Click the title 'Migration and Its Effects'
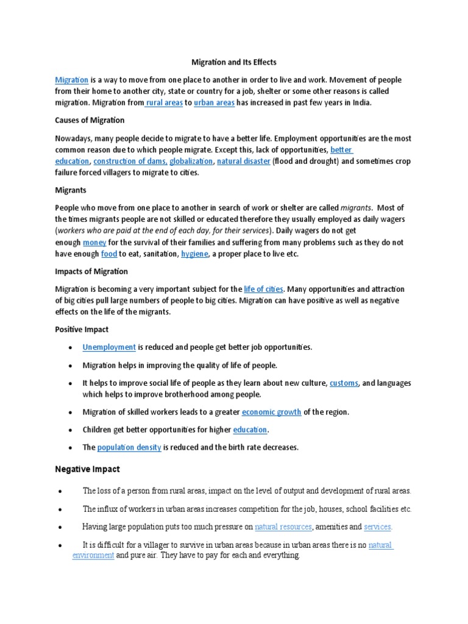click(x=235, y=62)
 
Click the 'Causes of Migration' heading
click(x=90, y=120)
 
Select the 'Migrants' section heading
click(x=71, y=190)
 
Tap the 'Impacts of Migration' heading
click(x=91, y=271)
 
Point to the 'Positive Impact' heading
click(x=82, y=329)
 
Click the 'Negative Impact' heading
click(x=88, y=469)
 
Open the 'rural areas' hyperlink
click(x=164, y=103)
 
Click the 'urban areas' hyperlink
click(x=214, y=103)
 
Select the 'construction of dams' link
click(x=129, y=161)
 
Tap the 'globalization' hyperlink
click(x=191, y=161)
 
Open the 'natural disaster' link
click(x=243, y=161)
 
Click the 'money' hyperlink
click(x=94, y=243)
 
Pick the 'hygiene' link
click(x=194, y=254)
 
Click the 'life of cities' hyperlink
click(x=263, y=289)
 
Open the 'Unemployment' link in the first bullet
click(x=109, y=347)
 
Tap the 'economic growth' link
click(x=271, y=412)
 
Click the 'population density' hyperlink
click(x=129, y=447)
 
